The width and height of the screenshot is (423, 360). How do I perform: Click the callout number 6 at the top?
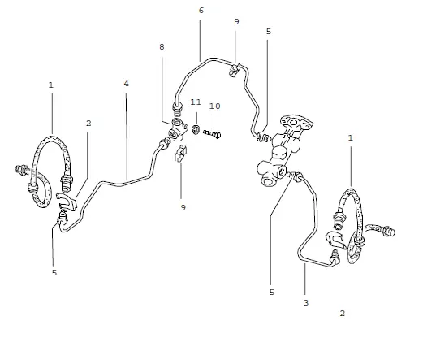pyautogui.click(x=201, y=11)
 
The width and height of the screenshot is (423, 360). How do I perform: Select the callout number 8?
pyautogui.click(x=162, y=47)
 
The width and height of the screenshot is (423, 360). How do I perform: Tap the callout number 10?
pyautogui.click(x=214, y=106)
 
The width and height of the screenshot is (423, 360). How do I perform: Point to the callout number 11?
pyautogui.click(x=196, y=102)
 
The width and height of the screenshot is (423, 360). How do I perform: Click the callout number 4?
pyautogui.click(x=127, y=84)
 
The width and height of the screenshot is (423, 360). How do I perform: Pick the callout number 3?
pyautogui.click(x=306, y=302)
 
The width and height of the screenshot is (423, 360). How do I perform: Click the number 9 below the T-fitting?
pyautogui.click(x=183, y=208)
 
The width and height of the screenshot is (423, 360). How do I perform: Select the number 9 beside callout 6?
pyautogui.click(x=236, y=21)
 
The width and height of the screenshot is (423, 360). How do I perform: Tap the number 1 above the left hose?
pyautogui.click(x=51, y=85)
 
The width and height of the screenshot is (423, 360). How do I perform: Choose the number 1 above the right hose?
pyautogui.click(x=351, y=138)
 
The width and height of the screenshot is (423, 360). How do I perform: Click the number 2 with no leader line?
pyautogui.click(x=343, y=314)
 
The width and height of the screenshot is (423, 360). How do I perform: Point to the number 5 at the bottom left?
pyautogui.click(x=54, y=273)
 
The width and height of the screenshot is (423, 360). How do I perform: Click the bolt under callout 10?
pyautogui.click(x=212, y=133)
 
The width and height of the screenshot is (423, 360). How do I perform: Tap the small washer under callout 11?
pyautogui.click(x=196, y=129)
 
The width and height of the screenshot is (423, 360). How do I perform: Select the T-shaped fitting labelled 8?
pyautogui.click(x=177, y=129)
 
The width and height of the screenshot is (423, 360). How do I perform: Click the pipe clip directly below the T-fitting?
pyautogui.click(x=180, y=154)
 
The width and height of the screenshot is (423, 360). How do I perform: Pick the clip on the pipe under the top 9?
pyautogui.click(x=235, y=69)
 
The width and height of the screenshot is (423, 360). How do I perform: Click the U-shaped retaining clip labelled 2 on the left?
pyautogui.click(x=67, y=202)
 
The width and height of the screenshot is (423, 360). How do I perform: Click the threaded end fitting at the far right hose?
pyautogui.click(x=389, y=232)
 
